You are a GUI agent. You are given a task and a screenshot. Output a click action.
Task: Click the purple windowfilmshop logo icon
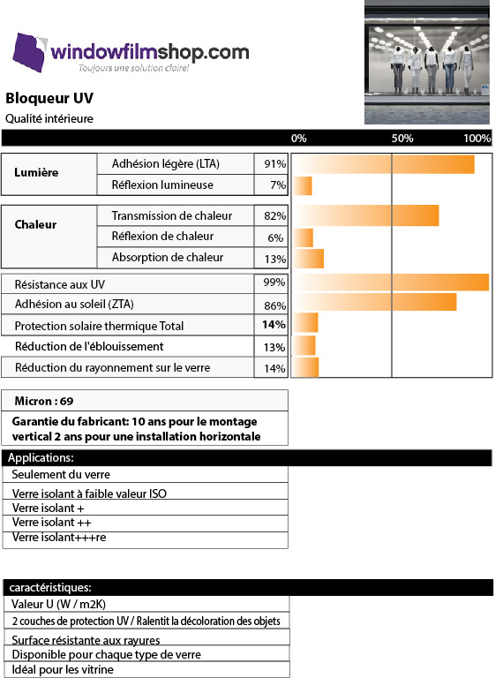tap(29, 52)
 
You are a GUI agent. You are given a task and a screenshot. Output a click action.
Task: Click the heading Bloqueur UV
tap(49, 98)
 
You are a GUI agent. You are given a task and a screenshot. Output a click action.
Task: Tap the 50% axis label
tap(402, 139)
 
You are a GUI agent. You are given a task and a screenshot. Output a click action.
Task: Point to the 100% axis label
tap(476, 139)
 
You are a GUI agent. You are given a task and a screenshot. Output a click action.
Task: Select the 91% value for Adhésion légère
tap(275, 164)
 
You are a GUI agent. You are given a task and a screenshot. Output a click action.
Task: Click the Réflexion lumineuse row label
tap(162, 185)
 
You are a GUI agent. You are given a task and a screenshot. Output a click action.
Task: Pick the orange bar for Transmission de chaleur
tap(366, 215)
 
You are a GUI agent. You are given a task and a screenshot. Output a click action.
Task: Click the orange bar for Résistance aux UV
tap(391, 282)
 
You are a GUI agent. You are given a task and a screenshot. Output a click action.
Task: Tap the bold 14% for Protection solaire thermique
tap(274, 325)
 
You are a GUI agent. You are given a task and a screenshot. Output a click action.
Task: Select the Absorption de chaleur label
tap(168, 257)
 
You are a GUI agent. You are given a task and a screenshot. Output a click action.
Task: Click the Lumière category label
tap(36, 172)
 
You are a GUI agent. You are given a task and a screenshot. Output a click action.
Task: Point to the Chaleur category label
tap(35, 224)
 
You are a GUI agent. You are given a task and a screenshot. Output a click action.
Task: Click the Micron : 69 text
tap(44, 402)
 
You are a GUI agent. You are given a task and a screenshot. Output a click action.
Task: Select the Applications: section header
tap(41, 457)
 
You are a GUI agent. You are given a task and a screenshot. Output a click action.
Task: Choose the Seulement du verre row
tap(61, 474)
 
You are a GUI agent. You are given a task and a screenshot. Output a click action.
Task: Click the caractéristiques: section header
tap(50, 588)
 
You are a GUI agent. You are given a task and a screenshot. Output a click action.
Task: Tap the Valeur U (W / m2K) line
tap(58, 604)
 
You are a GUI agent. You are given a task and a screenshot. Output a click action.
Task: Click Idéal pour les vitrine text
tap(63, 670)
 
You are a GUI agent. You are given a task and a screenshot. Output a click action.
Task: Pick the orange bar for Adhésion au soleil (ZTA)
tap(375, 302)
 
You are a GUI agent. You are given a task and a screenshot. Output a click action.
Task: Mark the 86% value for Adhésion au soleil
tap(275, 306)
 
